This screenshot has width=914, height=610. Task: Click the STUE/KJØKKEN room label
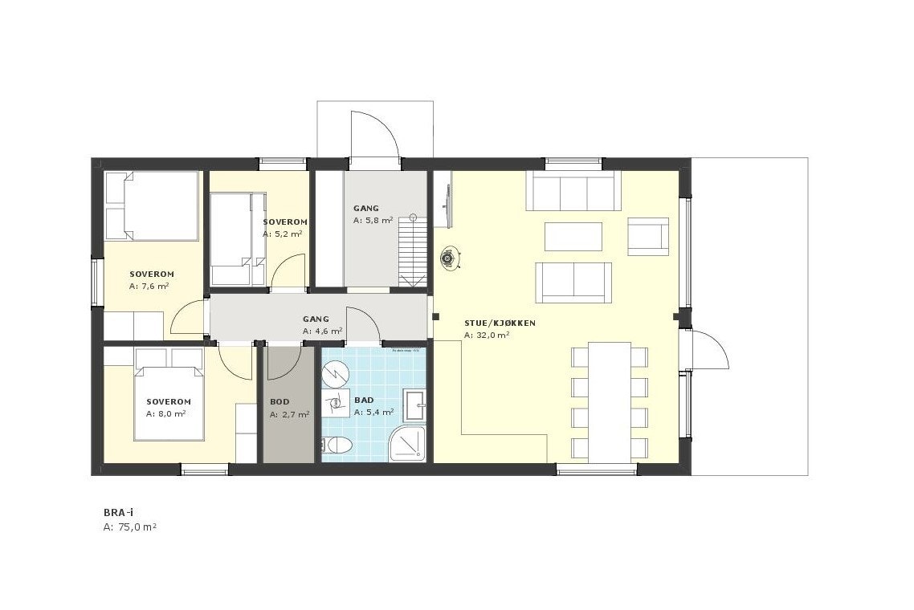pos(500,323)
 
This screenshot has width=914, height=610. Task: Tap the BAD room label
pos(363,399)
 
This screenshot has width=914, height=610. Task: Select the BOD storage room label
pos(280,401)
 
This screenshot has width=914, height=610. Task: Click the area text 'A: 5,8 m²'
pos(373,220)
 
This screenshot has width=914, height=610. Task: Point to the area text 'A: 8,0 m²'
pos(166,414)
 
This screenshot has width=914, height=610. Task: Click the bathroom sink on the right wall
pos(415,405)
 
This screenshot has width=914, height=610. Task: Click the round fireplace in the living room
pos(448,258)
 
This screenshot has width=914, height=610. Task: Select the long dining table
pos(610,401)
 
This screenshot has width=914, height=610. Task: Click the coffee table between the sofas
pos(573,237)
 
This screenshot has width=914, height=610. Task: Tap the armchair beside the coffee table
pos(647,236)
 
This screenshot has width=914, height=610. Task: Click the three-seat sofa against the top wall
pos(573,191)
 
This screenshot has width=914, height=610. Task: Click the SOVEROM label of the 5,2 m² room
pos(285,222)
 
